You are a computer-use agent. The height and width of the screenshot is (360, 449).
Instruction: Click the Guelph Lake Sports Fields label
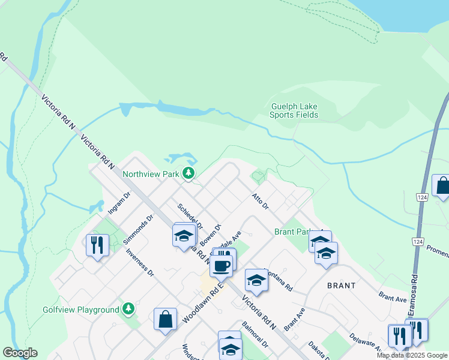coord(294,110)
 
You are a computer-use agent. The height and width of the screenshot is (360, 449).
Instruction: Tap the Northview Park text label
coord(151,174)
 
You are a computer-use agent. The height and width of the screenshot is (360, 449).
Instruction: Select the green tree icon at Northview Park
coord(189,174)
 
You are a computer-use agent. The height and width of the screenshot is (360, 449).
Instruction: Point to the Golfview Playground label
coord(81,310)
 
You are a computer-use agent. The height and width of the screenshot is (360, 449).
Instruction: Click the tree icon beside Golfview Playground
coord(128,309)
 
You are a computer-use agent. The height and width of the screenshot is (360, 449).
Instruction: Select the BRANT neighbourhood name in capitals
coord(341,286)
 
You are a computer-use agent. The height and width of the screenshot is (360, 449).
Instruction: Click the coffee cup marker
coord(221,265)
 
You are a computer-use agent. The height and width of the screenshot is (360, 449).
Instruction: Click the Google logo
coord(20,353)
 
